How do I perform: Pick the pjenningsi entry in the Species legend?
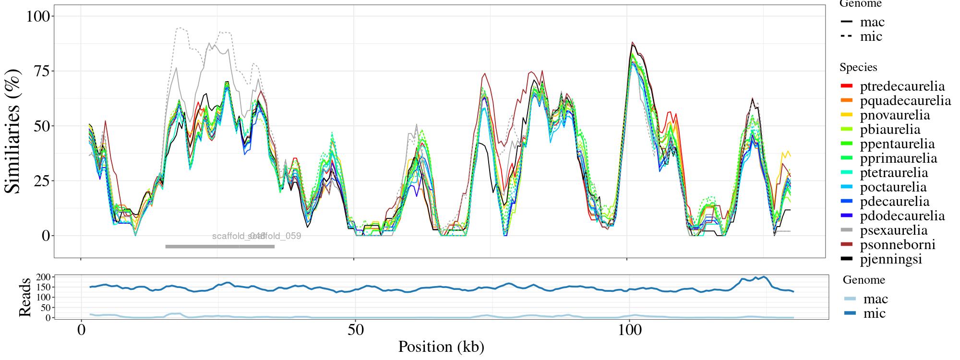[x=891, y=259]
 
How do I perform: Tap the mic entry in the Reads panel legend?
[x=874, y=313]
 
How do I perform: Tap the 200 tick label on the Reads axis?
[x=43, y=277]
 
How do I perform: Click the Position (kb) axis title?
[x=441, y=347]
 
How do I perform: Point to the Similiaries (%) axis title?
[x=13, y=131]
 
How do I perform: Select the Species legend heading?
[x=858, y=68]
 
